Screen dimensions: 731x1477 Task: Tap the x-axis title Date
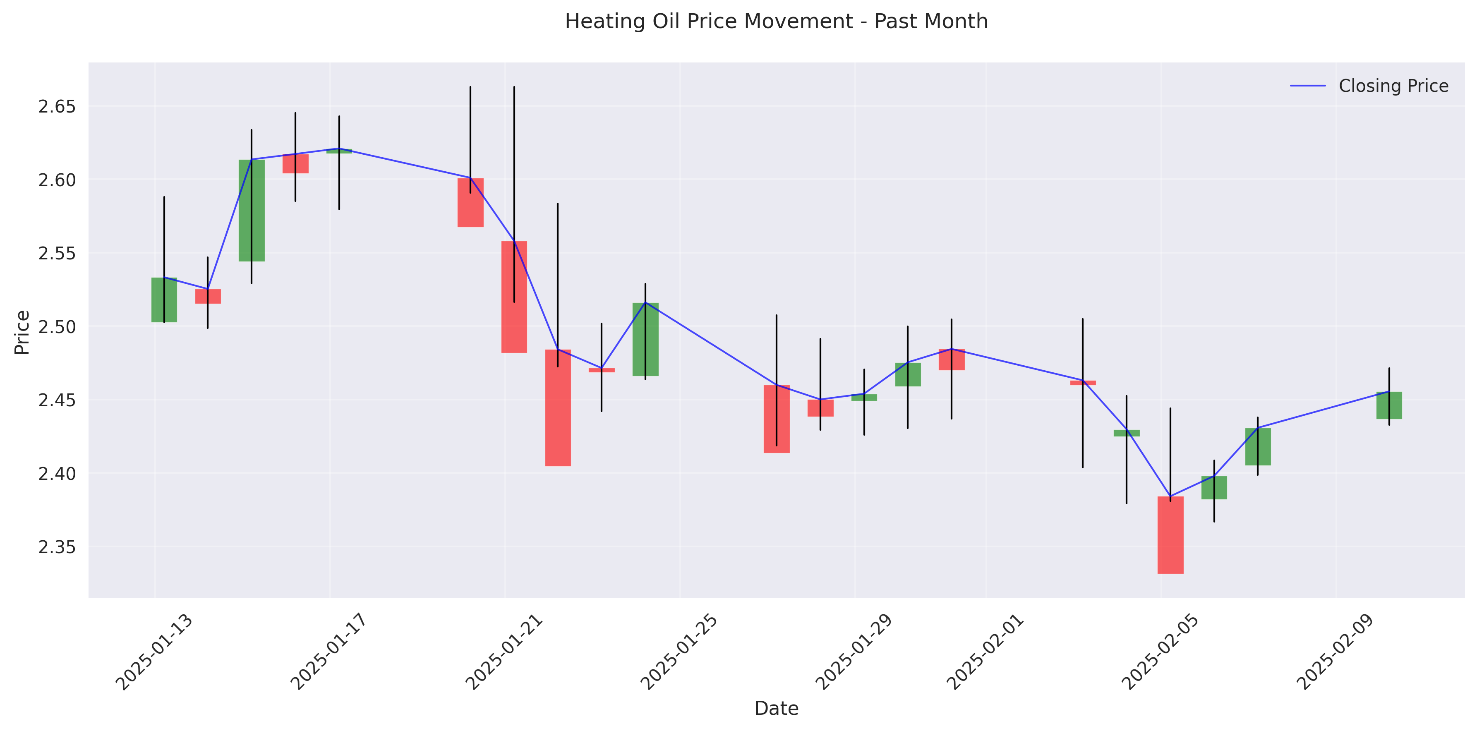point(776,709)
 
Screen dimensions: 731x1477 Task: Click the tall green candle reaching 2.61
point(252,211)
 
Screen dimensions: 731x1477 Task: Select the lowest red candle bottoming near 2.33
point(1170,535)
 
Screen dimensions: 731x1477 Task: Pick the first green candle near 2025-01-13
point(164,300)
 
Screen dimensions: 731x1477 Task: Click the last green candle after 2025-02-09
point(1389,405)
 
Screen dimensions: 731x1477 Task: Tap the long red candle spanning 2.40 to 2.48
point(558,407)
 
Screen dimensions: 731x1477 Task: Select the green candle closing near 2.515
point(645,339)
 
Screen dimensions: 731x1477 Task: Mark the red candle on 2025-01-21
point(514,297)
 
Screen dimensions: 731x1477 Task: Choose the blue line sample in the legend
point(1308,86)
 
